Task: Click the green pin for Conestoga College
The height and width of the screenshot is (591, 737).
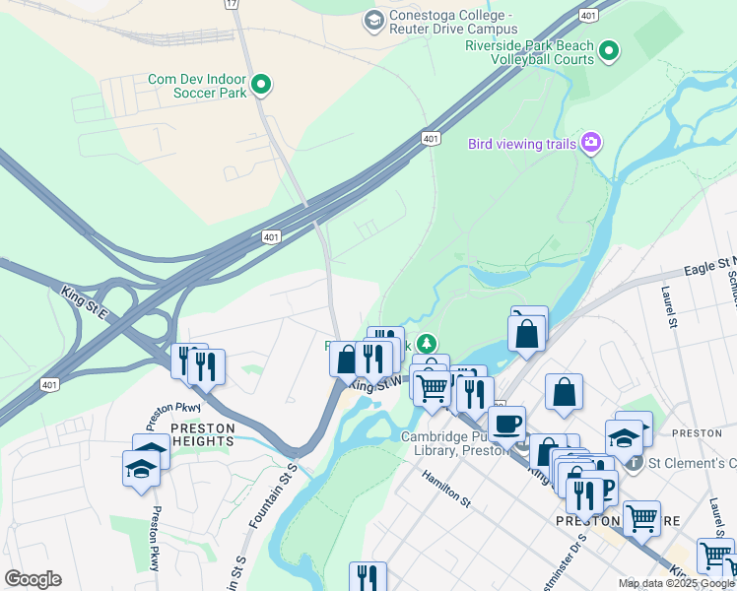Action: tap(373, 20)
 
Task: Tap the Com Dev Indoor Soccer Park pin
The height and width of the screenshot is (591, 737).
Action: tap(261, 86)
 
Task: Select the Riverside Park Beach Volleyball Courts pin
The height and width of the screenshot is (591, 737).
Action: tap(609, 50)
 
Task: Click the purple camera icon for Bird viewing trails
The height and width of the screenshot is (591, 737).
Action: tap(590, 144)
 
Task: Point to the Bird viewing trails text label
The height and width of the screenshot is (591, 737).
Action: tap(521, 144)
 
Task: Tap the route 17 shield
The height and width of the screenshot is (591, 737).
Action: tap(232, 4)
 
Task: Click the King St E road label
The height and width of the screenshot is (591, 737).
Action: tap(86, 293)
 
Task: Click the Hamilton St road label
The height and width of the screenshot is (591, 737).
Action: tap(448, 487)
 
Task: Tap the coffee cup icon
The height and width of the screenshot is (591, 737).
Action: tap(506, 424)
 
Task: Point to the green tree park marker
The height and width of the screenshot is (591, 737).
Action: tap(426, 344)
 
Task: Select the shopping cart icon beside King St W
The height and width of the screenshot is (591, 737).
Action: tap(432, 388)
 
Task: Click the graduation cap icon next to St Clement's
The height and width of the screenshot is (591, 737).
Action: tap(624, 436)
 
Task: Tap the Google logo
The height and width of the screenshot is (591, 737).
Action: tap(33, 579)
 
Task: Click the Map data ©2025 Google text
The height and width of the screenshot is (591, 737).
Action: tap(676, 583)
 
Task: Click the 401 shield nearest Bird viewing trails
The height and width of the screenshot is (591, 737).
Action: tap(431, 138)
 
